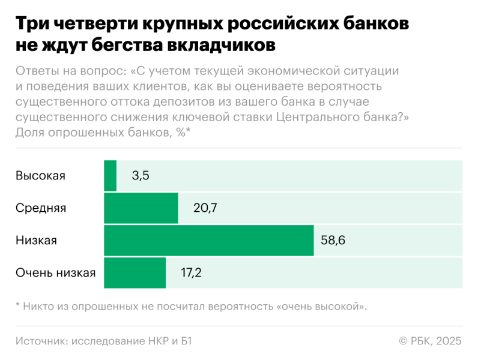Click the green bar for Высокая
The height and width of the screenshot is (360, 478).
(x=110, y=176)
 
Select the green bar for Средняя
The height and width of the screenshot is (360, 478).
(x=141, y=208)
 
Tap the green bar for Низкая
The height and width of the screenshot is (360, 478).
(x=208, y=241)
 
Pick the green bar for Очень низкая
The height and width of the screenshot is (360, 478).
(x=135, y=273)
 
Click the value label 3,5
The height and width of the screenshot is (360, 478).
(x=140, y=176)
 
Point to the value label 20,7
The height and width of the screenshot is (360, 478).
(x=204, y=208)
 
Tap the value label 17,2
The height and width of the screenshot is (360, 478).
(x=191, y=273)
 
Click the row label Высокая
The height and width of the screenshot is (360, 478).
(x=40, y=176)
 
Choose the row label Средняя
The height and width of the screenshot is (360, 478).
(x=41, y=208)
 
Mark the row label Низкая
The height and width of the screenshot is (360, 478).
(x=36, y=241)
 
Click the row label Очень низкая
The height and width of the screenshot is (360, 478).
(x=55, y=273)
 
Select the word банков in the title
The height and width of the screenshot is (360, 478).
(x=371, y=25)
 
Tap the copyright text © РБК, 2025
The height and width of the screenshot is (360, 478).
(x=430, y=341)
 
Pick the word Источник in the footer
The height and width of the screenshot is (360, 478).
(x=40, y=341)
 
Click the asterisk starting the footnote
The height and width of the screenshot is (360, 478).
(x=18, y=305)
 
